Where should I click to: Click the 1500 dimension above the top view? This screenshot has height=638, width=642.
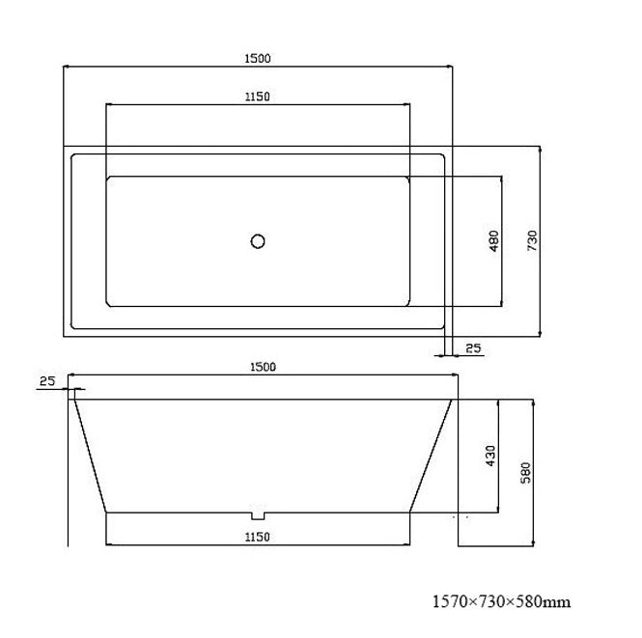[258, 58]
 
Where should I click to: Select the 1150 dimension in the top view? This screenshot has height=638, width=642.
[257, 96]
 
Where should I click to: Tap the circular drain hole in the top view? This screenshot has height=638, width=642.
[258, 241]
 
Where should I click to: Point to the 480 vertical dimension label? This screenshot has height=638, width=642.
[493, 240]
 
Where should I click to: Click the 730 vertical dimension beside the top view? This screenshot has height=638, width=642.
[532, 240]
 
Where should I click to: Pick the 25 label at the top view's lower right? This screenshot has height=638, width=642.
[473, 347]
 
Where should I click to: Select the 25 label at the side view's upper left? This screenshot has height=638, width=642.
[47, 381]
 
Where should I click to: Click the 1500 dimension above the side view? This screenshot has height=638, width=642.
[263, 366]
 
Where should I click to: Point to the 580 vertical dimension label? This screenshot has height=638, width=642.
[528, 472]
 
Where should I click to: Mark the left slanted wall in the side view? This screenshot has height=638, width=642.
[90, 454]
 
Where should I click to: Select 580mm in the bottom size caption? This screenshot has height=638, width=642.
[544, 602]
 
